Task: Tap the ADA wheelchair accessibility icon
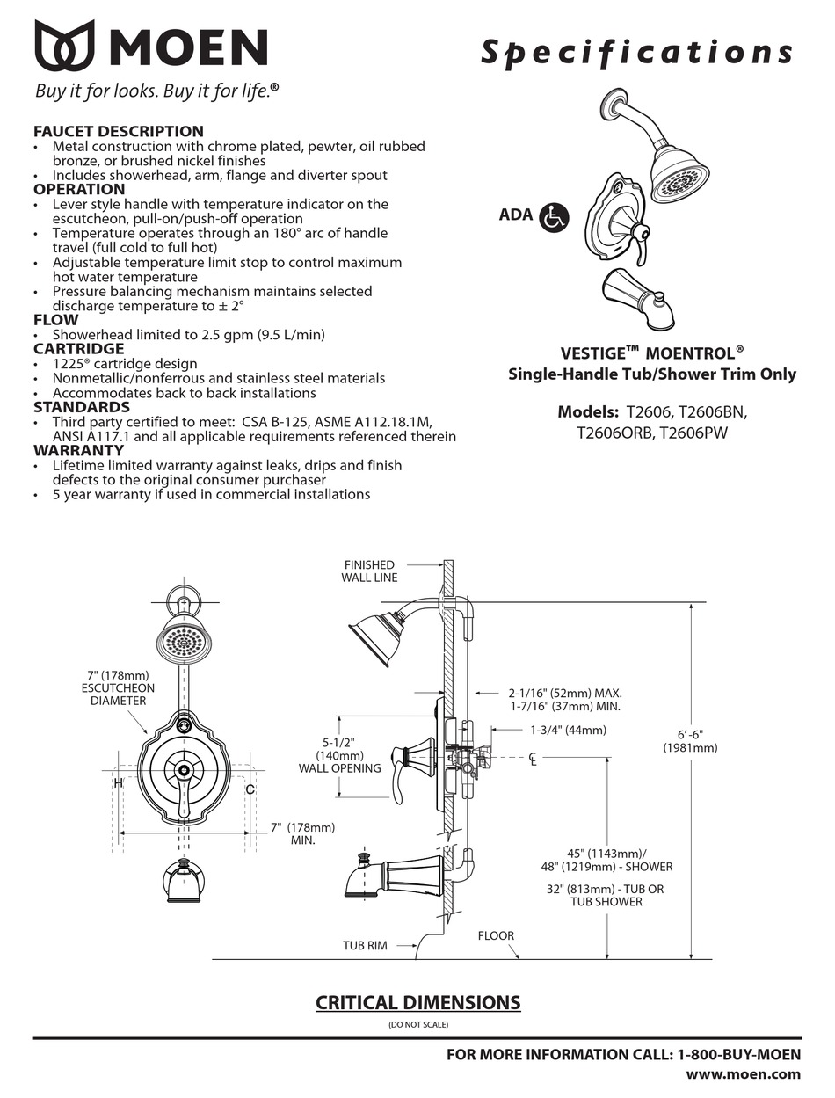[x=555, y=216]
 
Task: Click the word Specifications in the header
[x=636, y=53]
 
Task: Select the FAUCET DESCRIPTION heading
[x=119, y=131]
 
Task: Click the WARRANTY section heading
[x=77, y=450]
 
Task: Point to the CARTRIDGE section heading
[x=78, y=348]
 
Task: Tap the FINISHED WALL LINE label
[x=369, y=571]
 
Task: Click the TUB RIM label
[x=365, y=946]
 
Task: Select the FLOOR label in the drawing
[x=496, y=936]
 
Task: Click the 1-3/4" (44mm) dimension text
[x=568, y=730]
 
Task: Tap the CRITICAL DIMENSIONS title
[x=417, y=1002]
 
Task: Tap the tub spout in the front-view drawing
[x=185, y=881]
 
